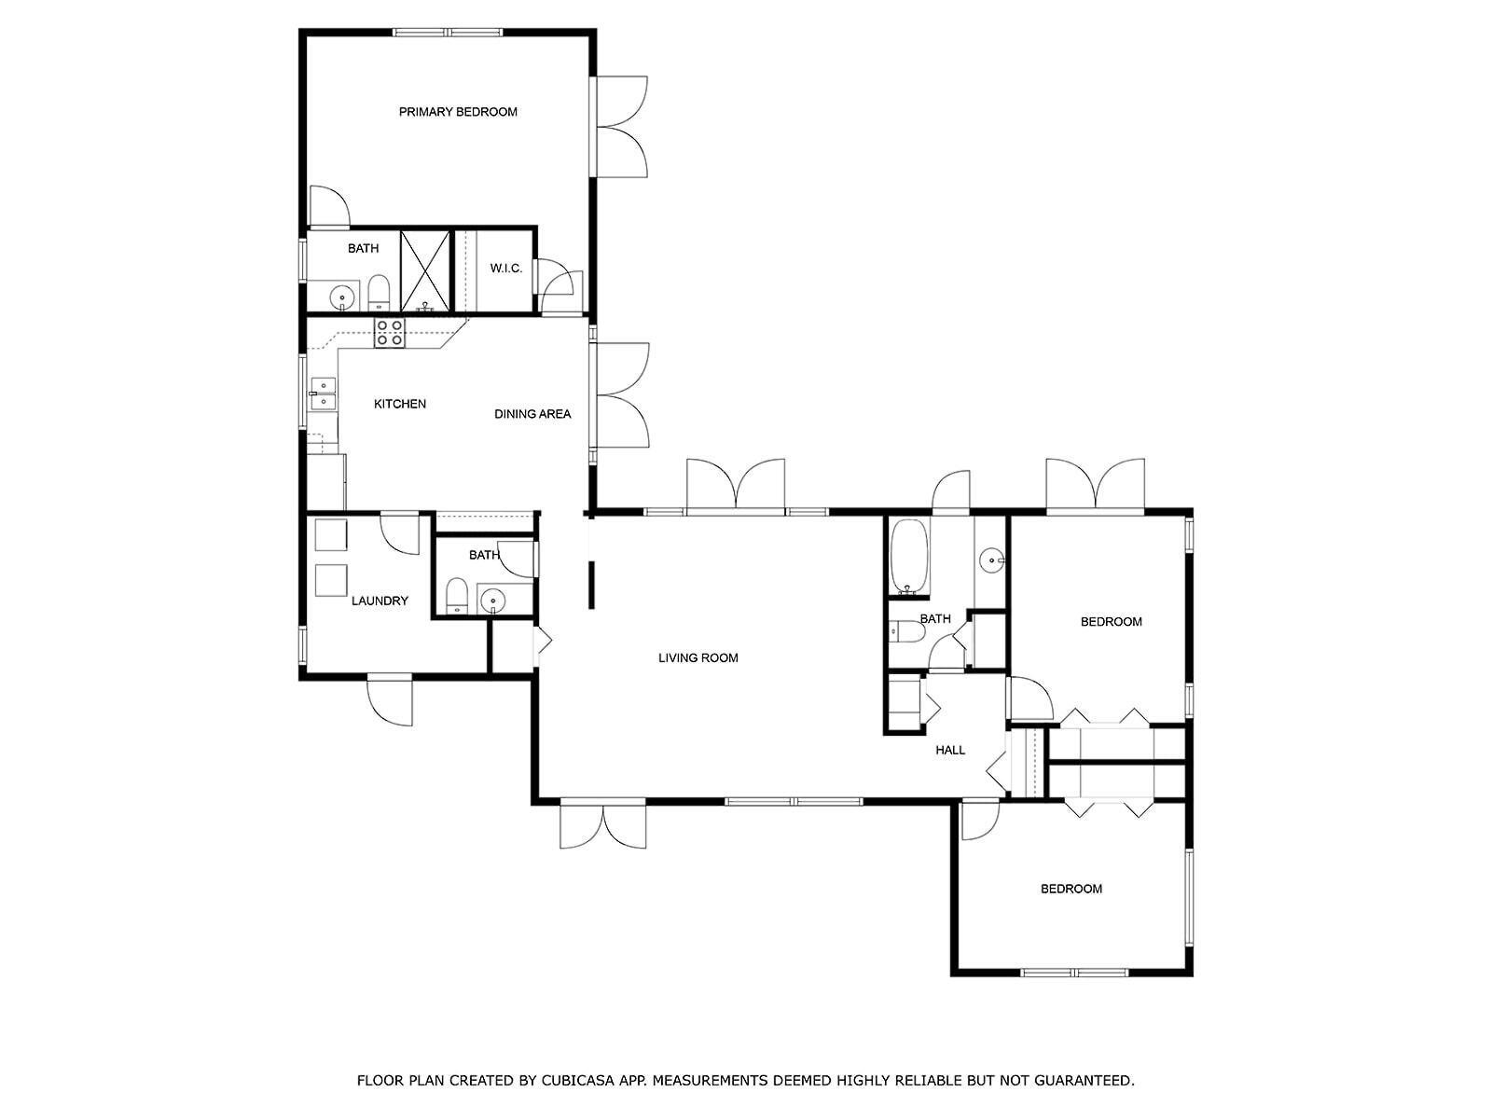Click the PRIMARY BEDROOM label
(458, 112)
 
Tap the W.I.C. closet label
(506, 269)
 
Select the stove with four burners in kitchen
(390, 333)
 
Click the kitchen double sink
(324, 394)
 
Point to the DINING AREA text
(532, 414)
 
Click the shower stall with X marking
(425, 270)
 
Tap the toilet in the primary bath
(379, 292)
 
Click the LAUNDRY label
(380, 601)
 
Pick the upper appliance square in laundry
(331, 534)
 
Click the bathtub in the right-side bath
(909, 558)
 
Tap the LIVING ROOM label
(698, 658)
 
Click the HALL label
(950, 750)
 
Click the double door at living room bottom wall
(603, 822)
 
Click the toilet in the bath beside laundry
(456, 596)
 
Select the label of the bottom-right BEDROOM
(1071, 889)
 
